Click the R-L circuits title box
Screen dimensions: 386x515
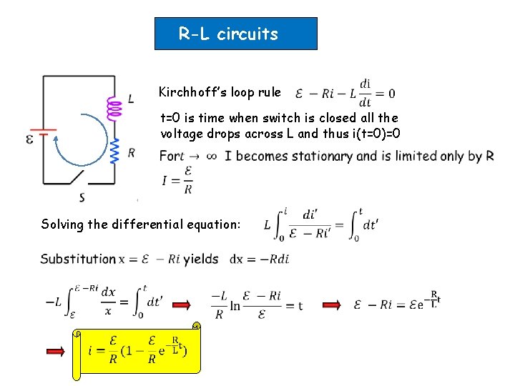pyautogui.click(x=235, y=34)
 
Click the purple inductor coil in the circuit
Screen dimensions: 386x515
pyautogui.click(x=113, y=109)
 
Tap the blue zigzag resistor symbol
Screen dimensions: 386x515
pyautogui.click(x=113, y=152)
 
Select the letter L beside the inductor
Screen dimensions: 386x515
pyautogui.click(x=130, y=99)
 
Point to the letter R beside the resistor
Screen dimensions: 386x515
pyautogui.click(x=131, y=152)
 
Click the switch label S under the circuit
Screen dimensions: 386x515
pyautogui.click(x=82, y=197)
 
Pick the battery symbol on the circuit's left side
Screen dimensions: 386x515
pyautogui.click(x=45, y=134)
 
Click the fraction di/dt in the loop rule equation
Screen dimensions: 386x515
pyautogui.click(x=366, y=93)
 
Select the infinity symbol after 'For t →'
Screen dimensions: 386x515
pyautogui.click(x=210, y=157)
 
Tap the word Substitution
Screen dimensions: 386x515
pyautogui.click(x=78, y=259)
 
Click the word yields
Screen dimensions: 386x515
pyautogui.click(x=201, y=259)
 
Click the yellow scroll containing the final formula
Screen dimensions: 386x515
pyautogui.click(x=137, y=351)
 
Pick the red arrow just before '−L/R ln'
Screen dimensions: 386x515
pyautogui.click(x=182, y=305)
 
